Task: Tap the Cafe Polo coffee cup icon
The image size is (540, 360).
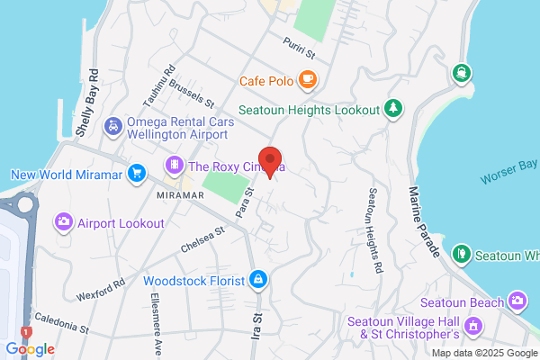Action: click(x=307, y=80)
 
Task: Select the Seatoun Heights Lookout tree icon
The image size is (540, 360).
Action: click(x=393, y=109)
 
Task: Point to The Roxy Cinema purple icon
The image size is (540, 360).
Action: click(x=173, y=166)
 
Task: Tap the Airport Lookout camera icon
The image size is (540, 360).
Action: click(x=64, y=221)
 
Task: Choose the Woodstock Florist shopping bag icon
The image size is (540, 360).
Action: click(x=258, y=281)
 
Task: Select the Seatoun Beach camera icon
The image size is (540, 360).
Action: click(x=517, y=300)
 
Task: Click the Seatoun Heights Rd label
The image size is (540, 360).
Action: click(x=375, y=231)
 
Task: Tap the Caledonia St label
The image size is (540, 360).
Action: click(x=62, y=324)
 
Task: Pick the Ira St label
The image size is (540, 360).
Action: click(x=256, y=323)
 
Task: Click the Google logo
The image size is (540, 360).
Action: click(x=30, y=349)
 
